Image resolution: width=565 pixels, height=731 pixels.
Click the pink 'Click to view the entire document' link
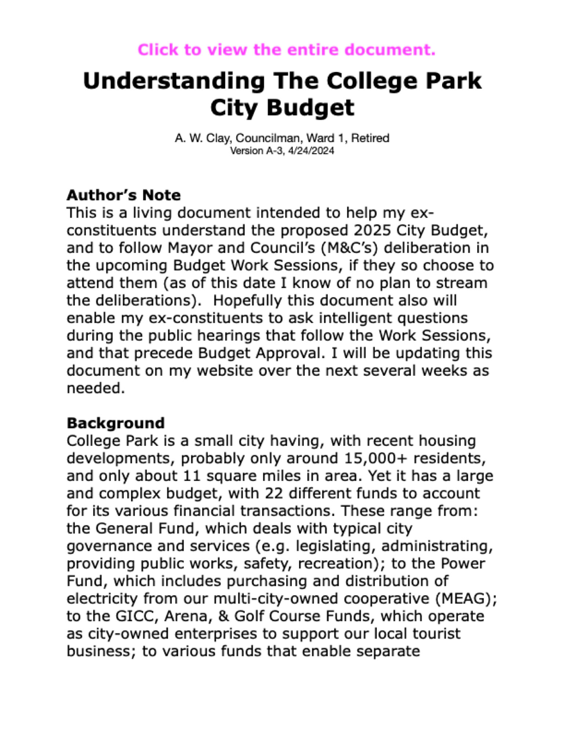click(x=287, y=50)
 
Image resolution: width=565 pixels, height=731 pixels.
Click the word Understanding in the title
click(x=174, y=81)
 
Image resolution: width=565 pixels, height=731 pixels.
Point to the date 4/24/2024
click(x=311, y=151)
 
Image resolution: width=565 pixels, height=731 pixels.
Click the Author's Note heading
click(x=124, y=195)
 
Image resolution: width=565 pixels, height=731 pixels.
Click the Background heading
click(x=116, y=423)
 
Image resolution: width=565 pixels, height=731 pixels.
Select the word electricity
click(x=102, y=599)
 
